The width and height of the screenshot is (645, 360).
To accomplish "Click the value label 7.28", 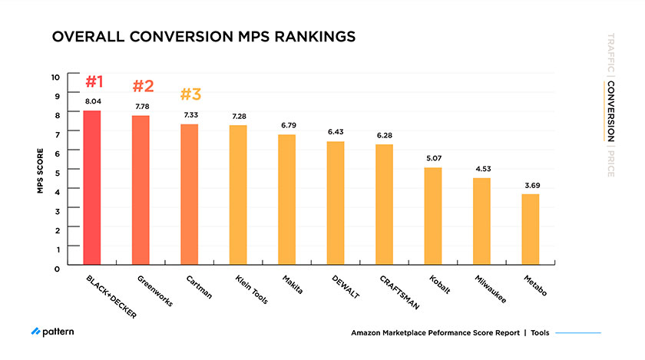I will click(239, 116).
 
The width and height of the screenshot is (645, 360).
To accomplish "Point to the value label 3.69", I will click(531, 185).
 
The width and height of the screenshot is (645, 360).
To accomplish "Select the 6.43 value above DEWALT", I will click(336, 132).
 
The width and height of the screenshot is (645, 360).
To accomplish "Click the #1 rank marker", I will click(94, 82).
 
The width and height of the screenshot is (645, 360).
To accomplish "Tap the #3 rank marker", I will click(190, 94).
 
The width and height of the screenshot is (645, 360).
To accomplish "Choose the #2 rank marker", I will click(144, 85).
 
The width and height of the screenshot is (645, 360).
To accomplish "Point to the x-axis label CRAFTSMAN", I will click(399, 292).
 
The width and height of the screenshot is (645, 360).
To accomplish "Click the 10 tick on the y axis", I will click(55, 77).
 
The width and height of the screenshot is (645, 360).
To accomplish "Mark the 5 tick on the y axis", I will click(57, 170).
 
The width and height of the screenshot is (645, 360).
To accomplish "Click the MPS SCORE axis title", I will click(39, 170).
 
